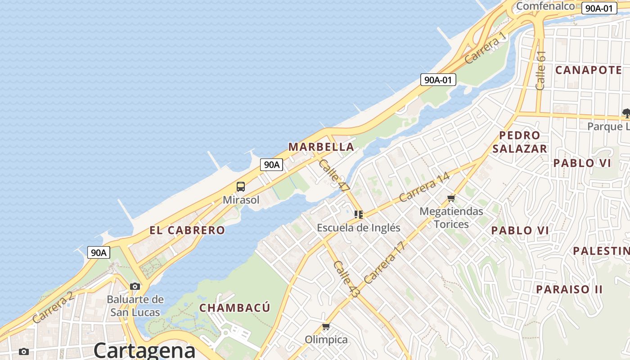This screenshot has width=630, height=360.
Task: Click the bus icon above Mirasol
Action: coord(241,186)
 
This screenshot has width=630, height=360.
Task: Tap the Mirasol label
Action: coord(241,200)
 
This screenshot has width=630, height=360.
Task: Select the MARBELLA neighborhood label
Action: coord(321,147)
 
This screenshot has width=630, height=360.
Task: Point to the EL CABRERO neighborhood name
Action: coord(187,230)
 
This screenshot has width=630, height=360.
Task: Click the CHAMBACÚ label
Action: coord(235,308)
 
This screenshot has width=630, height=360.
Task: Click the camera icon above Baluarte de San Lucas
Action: coord(135,286)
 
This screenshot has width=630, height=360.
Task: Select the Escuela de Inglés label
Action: coord(358,228)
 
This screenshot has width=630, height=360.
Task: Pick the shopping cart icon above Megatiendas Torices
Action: coord(451,198)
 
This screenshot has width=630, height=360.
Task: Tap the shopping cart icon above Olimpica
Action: coord(326,326)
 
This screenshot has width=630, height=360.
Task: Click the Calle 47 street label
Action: coord(333,176)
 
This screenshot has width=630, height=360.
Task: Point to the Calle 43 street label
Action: coord(347,279)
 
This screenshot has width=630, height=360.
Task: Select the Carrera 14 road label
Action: coord(424,187)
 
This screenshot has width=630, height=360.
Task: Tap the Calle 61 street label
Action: coord(541,70)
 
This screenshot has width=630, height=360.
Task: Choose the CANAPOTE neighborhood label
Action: coord(589,70)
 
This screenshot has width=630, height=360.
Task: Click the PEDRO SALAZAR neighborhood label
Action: coord(520,142)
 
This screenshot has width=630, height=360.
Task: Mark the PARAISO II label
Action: coord(569,289)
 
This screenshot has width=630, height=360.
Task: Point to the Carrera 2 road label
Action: coord(53,307)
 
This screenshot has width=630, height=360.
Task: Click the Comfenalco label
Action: coord(545,6)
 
